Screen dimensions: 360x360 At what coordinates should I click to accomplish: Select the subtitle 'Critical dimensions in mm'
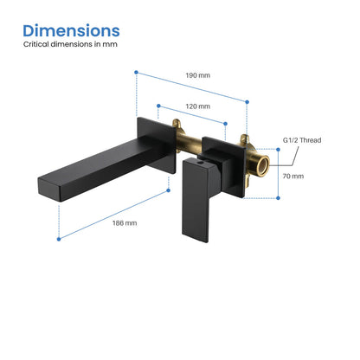coord(70,53)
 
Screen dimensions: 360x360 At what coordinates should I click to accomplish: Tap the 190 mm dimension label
coord(198,75)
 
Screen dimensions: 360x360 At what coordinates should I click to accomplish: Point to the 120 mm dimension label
coord(198,106)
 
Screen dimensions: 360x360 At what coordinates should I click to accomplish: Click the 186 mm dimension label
coord(125,222)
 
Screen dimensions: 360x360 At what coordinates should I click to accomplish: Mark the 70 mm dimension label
coord(292,176)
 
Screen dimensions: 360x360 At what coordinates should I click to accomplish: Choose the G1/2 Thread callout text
coord(303,138)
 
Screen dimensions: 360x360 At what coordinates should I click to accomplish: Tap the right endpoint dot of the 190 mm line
coord(247,101)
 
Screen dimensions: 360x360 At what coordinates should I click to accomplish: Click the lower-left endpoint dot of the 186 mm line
coord(59,237)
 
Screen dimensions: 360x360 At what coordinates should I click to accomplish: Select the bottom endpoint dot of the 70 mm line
coord(278,198)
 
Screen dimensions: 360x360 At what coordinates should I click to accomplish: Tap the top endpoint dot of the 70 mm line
coord(278,148)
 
